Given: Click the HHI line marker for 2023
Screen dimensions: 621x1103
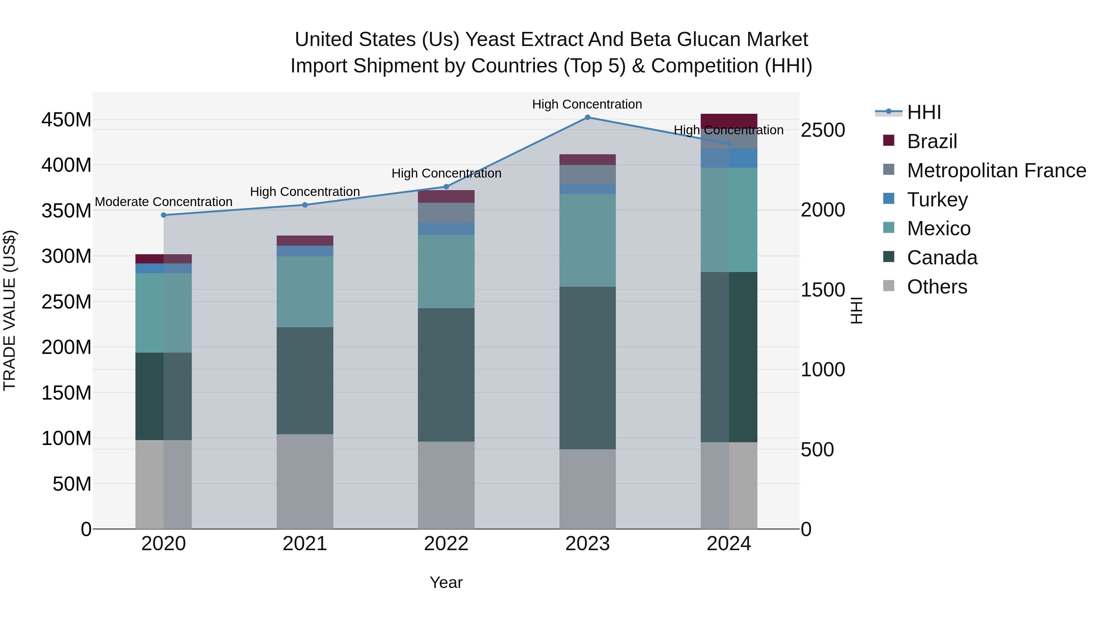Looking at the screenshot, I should pyautogui.click(x=587, y=117).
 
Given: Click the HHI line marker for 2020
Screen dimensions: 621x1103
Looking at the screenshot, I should pyautogui.click(x=164, y=215).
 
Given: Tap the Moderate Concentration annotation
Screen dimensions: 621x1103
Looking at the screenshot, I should pyautogui.click(x=164, y=202).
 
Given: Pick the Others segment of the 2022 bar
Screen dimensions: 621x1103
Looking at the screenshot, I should pyautogui.click(x=446, y=485).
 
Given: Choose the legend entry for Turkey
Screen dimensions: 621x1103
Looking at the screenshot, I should pyautogui.click(x=937, y=200).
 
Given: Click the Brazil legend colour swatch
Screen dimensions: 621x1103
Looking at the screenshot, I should pyautogui.click(x=889, y=140).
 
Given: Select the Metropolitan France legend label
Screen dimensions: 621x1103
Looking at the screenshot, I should pyautogui.click(x=996, y=171).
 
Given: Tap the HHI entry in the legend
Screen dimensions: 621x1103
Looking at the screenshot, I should pyautogui.click(x=923, y=112).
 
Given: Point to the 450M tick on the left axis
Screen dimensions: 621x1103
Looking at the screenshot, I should pyautogui.click(x=66, y=120).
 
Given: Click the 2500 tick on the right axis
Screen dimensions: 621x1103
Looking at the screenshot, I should pyautogui.click(x=823, y=130).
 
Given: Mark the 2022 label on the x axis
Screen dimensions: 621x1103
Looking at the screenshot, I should pyautogui.click(x=446, y=544).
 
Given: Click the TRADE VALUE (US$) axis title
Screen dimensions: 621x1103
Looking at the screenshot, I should pyautogui.click(x=10, y=310).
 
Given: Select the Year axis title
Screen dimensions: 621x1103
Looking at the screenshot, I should pyautogui.click(x=446, y=582).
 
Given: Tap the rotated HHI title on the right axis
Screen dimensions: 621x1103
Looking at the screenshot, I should pyautogui.click(x=856, y=310).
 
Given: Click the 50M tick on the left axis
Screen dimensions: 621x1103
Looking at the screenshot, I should pyautogui.click(x=72, y=484).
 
